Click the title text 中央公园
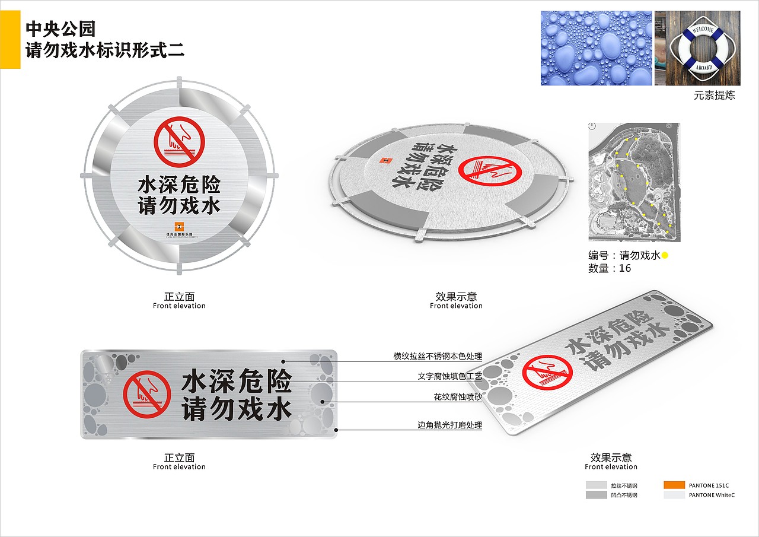tap(60, 28)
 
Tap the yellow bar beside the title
tap(10, 39)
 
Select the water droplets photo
tap(596, 48)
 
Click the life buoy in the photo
tap(700, 48)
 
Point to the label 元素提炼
tap(715, 95)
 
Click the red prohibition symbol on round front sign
tap(179, 142)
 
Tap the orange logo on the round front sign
tap(179, 225)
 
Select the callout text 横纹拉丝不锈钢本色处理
tap(437, 357)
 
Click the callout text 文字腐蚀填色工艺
tap(449, 376)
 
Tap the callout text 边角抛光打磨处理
tap(449, 425)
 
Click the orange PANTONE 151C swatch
tap(674, 485)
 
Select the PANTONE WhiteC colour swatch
tap(674, 495)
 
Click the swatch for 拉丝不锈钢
tap(597, 485)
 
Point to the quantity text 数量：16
tap(610, 268)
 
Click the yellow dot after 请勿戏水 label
tap(665, 256)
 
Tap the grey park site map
tap(634, 182)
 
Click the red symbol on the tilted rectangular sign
tap(547, 376)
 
